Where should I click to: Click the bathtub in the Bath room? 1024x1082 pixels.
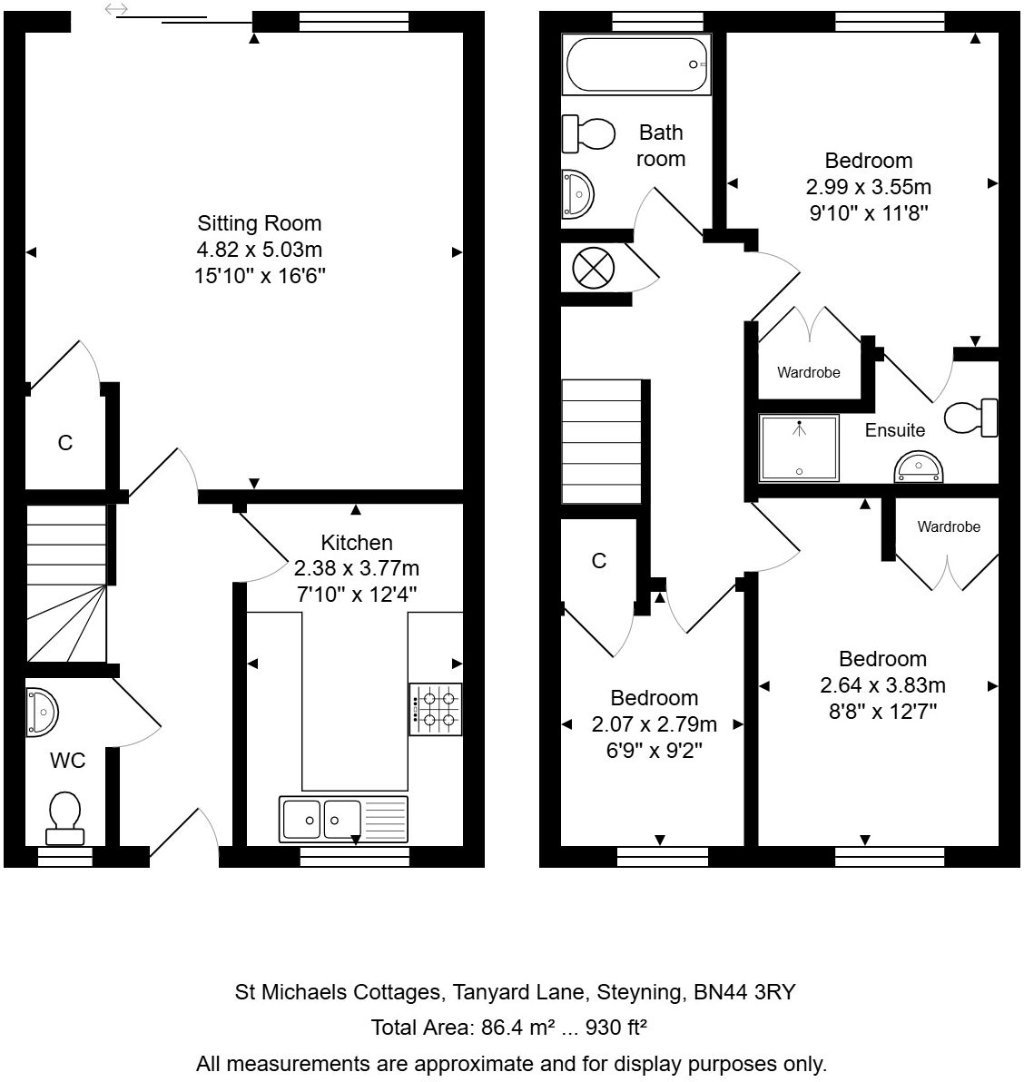pos(636,64)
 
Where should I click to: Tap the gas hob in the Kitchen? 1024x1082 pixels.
pos(436,709)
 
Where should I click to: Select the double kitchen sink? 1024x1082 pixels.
pos(344,820)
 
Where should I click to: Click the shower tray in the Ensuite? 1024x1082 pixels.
pos(800,448)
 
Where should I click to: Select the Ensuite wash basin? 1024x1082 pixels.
pos(919,468)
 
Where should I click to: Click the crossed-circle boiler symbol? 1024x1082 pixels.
pos(594,269)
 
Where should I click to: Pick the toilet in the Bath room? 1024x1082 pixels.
pos(586,134)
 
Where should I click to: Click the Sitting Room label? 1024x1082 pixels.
pos(260,223)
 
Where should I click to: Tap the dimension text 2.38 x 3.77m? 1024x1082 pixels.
pos(357,568)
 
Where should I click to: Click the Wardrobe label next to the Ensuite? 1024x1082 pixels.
pos(808,372)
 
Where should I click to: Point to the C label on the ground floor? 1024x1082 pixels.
pos(64,443)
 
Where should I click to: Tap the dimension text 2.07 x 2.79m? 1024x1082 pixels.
pos(654,724)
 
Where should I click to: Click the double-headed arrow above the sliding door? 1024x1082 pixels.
pos(117,10)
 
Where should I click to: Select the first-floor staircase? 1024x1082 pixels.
pos(602,441)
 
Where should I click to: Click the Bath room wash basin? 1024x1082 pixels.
pos(576,192)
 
